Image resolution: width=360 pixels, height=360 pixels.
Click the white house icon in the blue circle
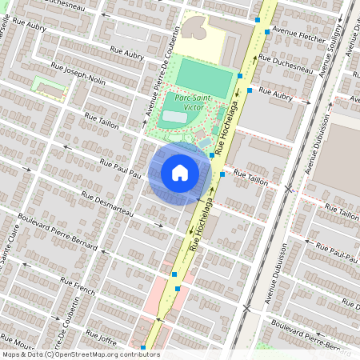point(180,172)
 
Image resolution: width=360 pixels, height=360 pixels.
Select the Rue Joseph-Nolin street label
point(78,71)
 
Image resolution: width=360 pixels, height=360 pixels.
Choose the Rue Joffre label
point(100,337)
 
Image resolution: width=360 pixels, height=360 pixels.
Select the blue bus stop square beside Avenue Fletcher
point(266,32)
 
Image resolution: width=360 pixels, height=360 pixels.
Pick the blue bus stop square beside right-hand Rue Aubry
point(250,91)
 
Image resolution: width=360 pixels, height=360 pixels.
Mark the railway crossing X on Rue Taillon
point(289,189)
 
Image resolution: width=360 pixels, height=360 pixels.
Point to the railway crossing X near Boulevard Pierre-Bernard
point(247,307)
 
